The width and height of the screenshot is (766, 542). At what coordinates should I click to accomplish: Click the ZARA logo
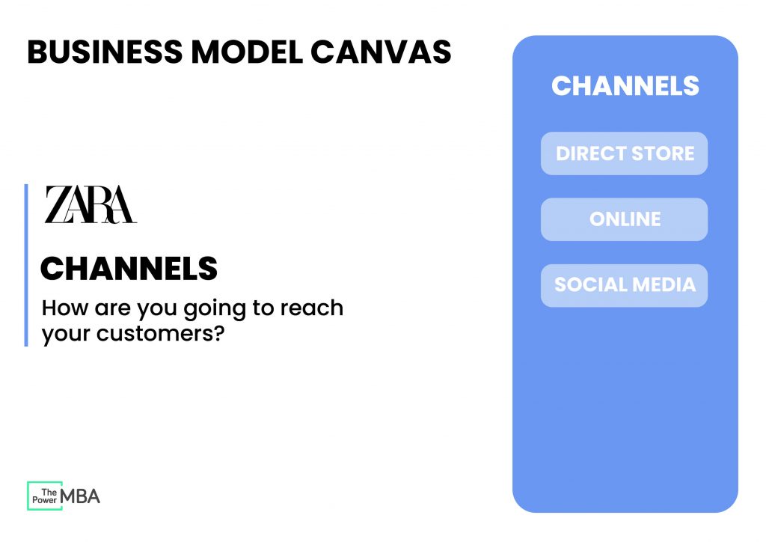[91, 205]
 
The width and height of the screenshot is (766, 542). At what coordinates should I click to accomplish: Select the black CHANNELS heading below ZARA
[129, 269]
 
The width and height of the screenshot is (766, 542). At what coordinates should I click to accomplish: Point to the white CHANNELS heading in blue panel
[625, 85]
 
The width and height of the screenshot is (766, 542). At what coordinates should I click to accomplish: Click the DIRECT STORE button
[624, 153]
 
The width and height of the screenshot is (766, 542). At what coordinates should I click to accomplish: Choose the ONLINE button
[624, 219]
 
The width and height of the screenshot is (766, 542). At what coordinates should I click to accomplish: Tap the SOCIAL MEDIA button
[624, 285]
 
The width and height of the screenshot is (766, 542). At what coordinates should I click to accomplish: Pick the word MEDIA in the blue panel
[664, 285]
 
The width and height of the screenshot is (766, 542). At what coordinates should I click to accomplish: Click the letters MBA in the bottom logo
[80, 496]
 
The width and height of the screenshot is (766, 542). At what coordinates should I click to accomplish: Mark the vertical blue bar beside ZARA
[26, 265]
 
